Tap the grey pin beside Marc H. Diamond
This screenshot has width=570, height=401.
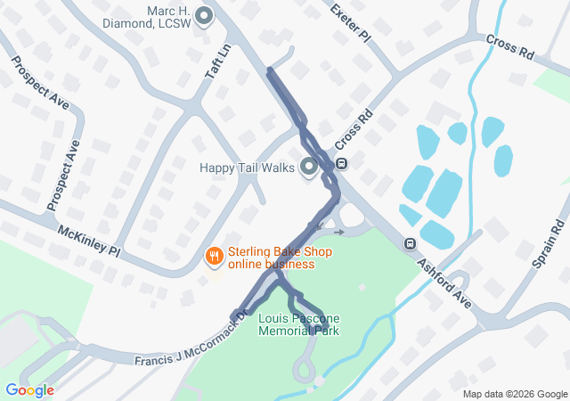click(x=203, y=15)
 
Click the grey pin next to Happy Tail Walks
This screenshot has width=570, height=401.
click(x=309, y=167)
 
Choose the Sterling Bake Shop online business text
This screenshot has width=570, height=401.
click(x=271, y=258)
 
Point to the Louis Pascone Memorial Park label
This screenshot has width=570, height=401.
click(x=298, y=324)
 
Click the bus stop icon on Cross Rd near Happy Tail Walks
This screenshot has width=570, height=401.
click(x=341, y=164)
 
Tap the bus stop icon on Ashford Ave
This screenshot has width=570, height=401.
click(x=410, y=243)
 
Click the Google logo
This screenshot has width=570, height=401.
click(x=29, y=389)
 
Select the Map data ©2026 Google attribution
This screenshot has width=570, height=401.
click(x=514, y=394)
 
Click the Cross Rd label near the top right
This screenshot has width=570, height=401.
click(x=509, y=47)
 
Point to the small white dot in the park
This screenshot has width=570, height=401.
click(x=362, y=287)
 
